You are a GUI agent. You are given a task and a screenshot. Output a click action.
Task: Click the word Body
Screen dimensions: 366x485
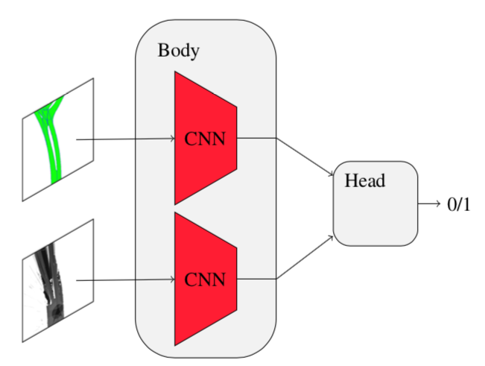click(179, 51)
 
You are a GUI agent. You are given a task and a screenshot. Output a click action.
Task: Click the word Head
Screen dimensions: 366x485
click(365, 180)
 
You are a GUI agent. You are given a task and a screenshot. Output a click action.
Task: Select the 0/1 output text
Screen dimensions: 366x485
click(459, 204)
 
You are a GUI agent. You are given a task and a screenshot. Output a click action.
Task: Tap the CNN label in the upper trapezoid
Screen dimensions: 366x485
click(204, 139)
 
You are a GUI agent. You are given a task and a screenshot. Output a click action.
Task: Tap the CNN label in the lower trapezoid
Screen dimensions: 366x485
click(204, 280)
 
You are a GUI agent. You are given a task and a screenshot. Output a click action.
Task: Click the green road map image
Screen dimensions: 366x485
click(57, 139)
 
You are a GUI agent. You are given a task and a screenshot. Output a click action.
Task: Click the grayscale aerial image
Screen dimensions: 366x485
click(57, 280)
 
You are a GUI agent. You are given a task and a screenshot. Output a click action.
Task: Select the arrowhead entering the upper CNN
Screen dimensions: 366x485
click(171, 139)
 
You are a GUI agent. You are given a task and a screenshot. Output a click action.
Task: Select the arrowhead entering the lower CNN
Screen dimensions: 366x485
click(171, 280)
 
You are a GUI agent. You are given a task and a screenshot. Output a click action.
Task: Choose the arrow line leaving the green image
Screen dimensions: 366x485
click(123, 139)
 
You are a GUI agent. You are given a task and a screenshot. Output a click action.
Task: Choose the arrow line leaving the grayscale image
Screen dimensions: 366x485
click(123, 280)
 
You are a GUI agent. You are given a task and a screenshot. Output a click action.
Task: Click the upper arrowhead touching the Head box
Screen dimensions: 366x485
click(330, 177)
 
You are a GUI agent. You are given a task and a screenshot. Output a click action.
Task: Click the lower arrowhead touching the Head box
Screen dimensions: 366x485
click(330, 237)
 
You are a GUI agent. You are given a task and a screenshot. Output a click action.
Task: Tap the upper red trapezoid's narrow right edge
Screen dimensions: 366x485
click(237, 139)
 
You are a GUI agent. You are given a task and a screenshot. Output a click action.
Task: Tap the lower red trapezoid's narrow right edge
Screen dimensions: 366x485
click(237, 280)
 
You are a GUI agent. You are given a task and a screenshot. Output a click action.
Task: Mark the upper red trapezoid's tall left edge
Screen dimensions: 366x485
click(174, 139)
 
